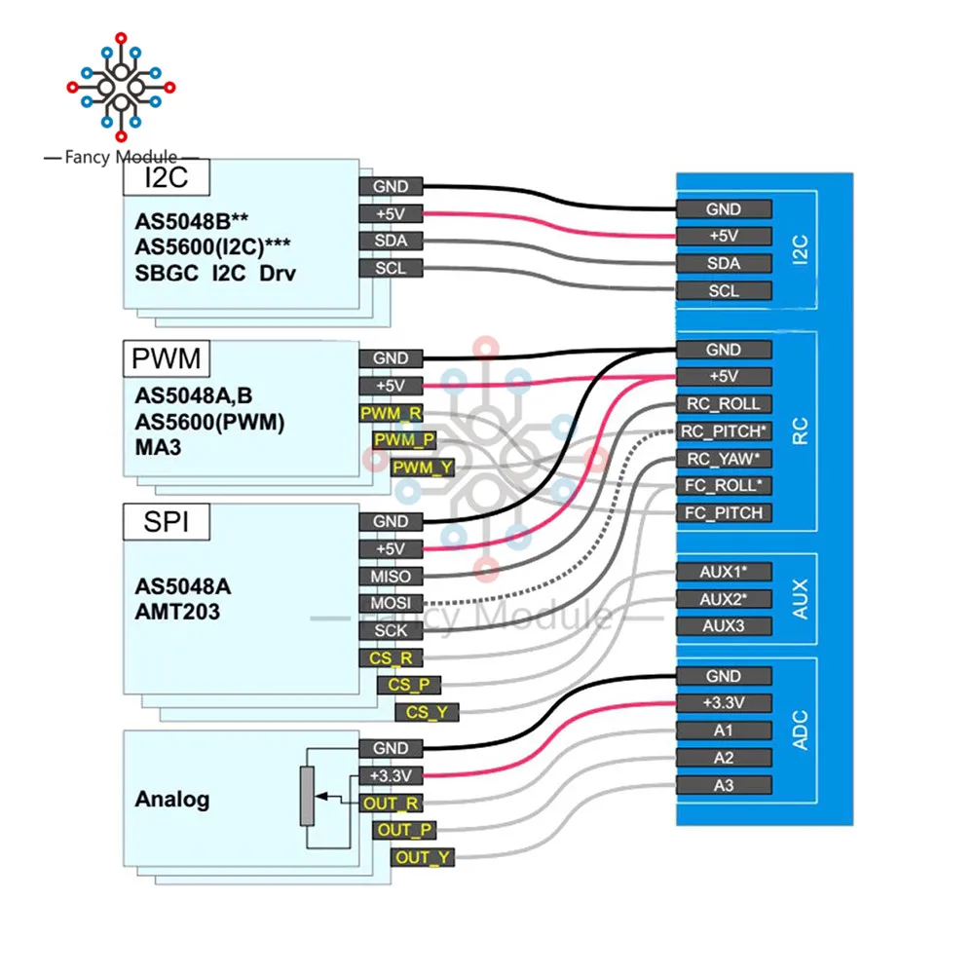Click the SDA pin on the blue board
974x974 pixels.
(724, 263)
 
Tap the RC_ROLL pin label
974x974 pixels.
(724, 404)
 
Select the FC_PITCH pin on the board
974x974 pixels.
(724, 513)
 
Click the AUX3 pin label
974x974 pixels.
(724, 625)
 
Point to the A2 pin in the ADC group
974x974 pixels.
(724, 758)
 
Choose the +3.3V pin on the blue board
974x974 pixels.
(724, 703)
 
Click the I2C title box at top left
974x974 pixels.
(165, 177)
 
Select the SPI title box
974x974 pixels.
(165, 522)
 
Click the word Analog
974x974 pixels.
(171, 800)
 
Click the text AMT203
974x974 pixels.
(176, 613)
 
